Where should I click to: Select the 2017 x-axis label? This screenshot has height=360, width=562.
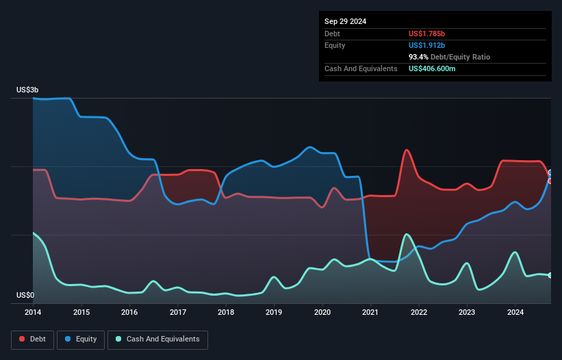[x=178, y=313]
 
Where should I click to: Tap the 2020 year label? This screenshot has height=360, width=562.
[x=322, y=313]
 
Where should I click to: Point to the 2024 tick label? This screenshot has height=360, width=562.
[x=515, y=313]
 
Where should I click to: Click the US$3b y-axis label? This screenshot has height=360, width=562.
[x=29, y=90]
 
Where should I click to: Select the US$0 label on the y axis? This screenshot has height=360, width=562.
[x=25, y=295]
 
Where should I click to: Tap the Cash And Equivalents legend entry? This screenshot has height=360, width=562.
[x=157, y=339]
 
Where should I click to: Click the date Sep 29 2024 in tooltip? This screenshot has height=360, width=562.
[x=346, y=21]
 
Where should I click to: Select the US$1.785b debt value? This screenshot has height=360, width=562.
[x=428, y=34]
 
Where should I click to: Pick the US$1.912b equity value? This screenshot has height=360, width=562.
[x=428, y=45]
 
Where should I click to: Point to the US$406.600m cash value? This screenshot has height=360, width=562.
[x=432, y=68]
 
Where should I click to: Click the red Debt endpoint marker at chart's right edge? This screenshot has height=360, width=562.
[x=550, y=181]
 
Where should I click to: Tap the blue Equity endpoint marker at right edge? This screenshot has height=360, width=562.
[x=550, y=172]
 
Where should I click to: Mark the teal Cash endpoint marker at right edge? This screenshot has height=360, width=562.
[x=550, y=275]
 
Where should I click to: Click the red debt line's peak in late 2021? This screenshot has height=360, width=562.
[x=407, y=150]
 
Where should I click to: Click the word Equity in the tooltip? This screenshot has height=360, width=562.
[x=335, y=45]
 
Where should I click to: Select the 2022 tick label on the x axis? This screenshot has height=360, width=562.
[x=419, y=313]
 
